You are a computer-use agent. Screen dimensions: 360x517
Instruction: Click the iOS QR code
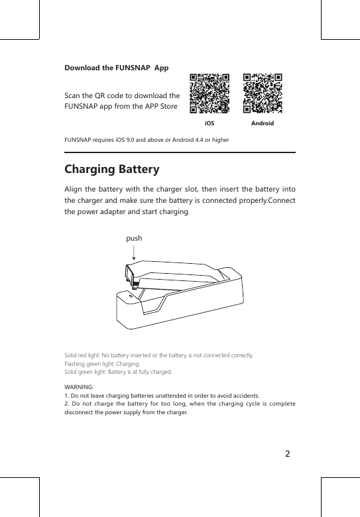click(x=210, y=93)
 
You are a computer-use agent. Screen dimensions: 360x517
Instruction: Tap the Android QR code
click(x=263, y=93)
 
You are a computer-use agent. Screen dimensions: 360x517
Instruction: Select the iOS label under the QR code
click(x=209, y=124)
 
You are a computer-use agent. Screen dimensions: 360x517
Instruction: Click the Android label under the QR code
click(x=263, y=124)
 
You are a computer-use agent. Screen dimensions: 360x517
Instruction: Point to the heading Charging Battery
click(x=111, y=170)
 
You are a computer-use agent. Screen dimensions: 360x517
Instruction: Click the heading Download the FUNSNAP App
click(x=116, y=68)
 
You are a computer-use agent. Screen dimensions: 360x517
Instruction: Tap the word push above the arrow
click(x=134, y=238)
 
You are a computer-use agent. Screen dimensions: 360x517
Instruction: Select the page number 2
click(x=287, y=455)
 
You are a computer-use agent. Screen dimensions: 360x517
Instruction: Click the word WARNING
click(x=79, y=386)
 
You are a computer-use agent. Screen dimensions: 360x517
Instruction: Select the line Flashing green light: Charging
click(x=101, y=365)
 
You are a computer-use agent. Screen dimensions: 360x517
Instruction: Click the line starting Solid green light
click(x=117, y=373)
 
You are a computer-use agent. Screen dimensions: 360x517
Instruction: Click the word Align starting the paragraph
click(x=75, y=191)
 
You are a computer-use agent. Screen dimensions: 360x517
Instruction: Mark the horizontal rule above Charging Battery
click(x=179, y=152)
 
